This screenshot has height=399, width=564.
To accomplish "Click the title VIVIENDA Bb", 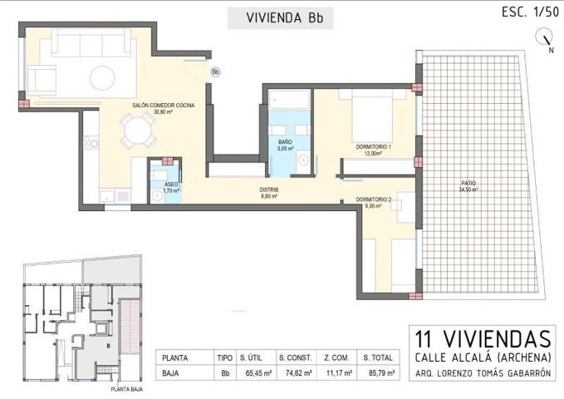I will click(x=280, y=17).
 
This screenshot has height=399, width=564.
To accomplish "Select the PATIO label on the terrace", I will click(x=470, y=184).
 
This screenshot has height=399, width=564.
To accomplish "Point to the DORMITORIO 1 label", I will click(x=373, y=148).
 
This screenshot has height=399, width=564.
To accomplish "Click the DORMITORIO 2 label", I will click(x=373, y=199).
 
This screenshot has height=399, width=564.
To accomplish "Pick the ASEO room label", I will click(x=170, y=185).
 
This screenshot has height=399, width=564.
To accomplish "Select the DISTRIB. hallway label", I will click(x=270, y=190).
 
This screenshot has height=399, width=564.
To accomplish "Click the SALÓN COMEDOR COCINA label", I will click(x=163, y=106).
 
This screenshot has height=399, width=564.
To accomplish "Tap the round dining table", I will click(x=136, y=130).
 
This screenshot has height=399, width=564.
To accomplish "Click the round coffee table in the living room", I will click(x=102, y=78).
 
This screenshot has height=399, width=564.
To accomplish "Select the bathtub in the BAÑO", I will click(x=287, y=99).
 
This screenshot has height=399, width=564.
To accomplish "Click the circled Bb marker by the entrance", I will click(x=215, y=72).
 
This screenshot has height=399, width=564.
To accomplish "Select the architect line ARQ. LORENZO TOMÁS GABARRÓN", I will click(x=483, y=373).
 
